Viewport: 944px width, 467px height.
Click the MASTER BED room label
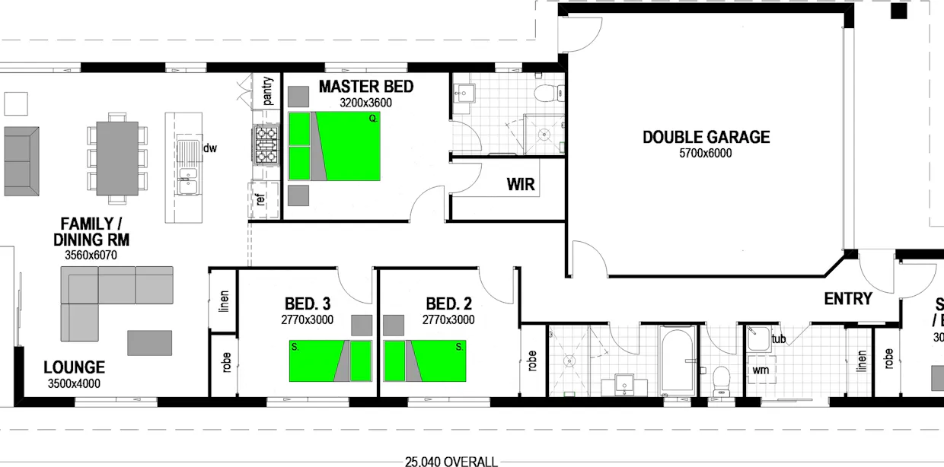tap(365, 87)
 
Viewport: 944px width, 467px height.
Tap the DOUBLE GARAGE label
tap(706, 138)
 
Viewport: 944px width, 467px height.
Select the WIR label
tap(521, 185)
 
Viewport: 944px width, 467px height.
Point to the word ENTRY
tap(847, 299)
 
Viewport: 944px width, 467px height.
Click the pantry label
tap(267, 91)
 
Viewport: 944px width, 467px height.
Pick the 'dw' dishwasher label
tap(210, 148)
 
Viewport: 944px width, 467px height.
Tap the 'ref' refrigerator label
tap(261, 201)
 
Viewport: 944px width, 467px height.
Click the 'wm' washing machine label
tap(760, 370)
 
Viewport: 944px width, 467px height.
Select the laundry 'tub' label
tap(778, 339)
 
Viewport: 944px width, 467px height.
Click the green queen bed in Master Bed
tap(347, 146)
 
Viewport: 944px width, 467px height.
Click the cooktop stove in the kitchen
tap(266, 145)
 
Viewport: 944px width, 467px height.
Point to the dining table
tap(117, 158)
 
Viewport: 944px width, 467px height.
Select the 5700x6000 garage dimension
tap(706, 154)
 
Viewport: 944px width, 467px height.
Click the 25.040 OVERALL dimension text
tap(451, 461)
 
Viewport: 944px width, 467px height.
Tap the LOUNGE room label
tap(74, 368)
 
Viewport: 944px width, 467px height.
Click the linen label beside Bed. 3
tap(224, 301)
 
